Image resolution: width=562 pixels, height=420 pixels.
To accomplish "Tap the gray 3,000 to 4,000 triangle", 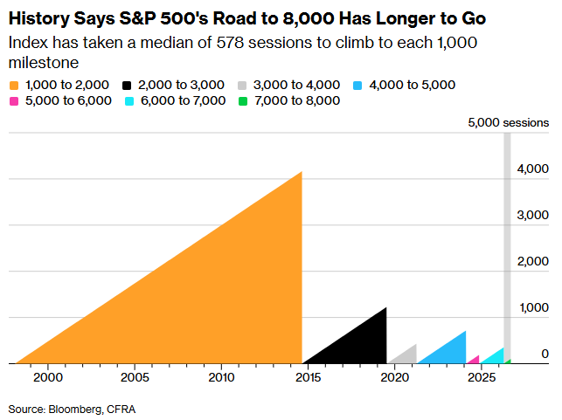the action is click(x=408, y=357).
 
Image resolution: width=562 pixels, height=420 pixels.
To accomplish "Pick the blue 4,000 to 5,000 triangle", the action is click(x=451, y=353).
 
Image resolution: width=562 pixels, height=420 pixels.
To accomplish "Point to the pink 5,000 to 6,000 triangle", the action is click(x=475, y=361).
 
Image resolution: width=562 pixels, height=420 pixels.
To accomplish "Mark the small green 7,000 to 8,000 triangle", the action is click(x=509, y=362).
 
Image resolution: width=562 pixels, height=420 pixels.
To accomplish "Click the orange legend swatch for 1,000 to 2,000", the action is click(x=14, y=86).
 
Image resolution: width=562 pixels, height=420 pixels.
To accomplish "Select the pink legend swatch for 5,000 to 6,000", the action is click(x=14, y=101).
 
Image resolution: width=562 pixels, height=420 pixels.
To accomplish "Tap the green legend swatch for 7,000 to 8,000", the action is click(x=243, y=101).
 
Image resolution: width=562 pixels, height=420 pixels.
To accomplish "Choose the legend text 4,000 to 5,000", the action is click(x=413, y=85).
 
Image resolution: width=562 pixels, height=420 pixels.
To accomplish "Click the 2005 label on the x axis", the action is click(x=135, y=377).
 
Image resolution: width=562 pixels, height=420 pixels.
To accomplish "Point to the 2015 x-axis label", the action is click(x=309, y=377).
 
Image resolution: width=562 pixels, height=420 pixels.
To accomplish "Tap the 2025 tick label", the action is click(x=482, y=377).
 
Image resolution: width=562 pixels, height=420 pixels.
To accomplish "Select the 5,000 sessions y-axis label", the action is click(x=508, y=122).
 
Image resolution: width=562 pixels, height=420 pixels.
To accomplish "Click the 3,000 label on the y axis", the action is click(x=532, y=215).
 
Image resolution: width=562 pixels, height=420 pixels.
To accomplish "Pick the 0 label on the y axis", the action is click(x=545, y=354).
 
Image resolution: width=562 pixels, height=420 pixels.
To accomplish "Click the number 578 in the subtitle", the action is click(x=230, y=43).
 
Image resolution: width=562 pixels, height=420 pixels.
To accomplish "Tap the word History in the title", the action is click(x=39, y=18).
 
